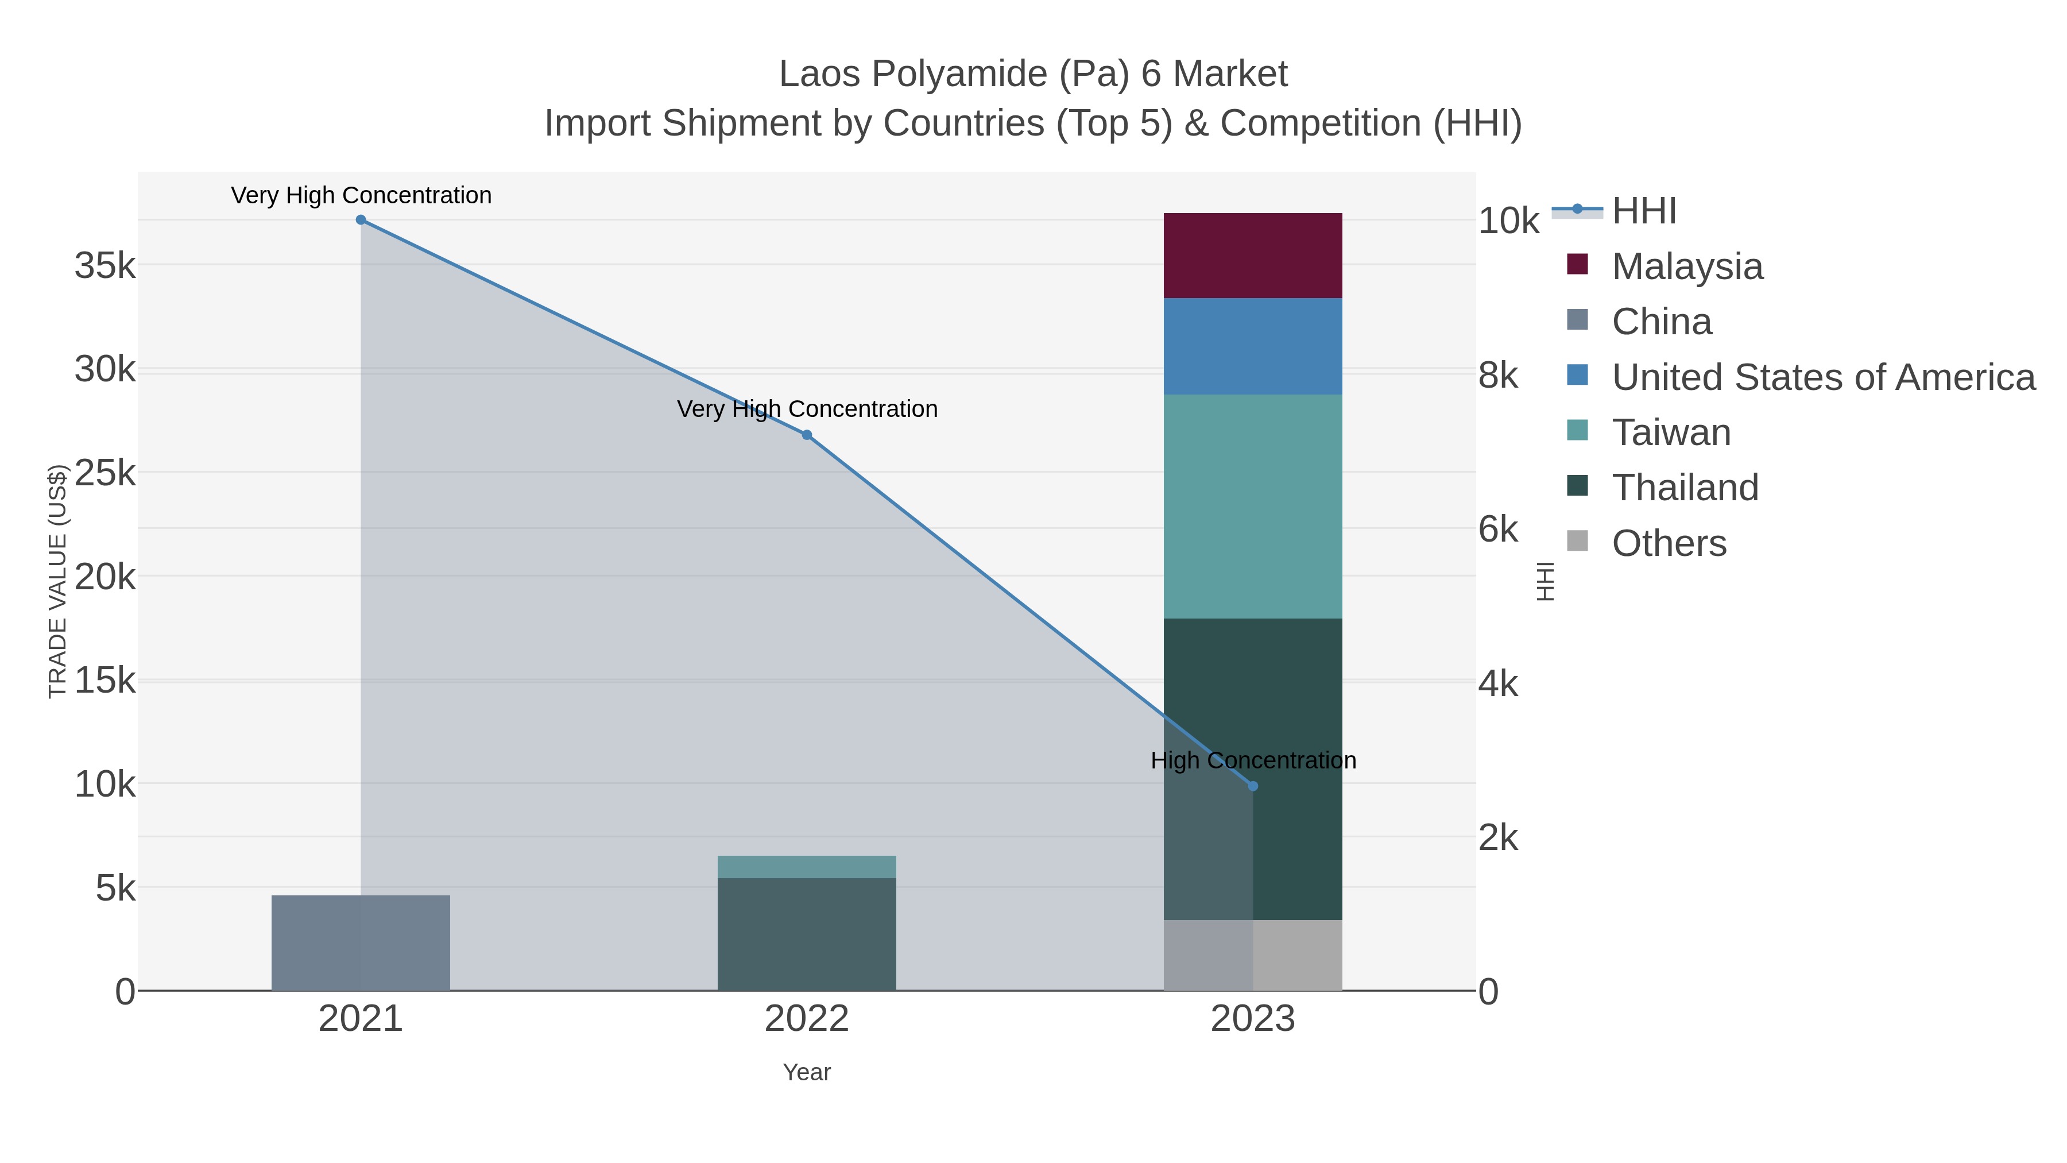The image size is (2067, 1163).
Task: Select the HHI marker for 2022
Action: [807, 435]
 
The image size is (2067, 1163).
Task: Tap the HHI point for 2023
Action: [1253, 787]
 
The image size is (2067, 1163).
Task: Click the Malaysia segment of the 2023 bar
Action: [1253, 255]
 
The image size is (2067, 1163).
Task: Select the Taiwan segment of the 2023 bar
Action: [1253, 505]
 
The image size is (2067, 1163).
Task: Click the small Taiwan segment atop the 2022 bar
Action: [807, 867]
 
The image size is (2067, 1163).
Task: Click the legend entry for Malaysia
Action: [1687, 266]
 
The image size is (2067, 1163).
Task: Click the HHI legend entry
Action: [1643, 211]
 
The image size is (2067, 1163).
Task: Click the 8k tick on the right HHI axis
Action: [1498, 376]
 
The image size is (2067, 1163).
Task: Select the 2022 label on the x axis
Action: [807, 1019]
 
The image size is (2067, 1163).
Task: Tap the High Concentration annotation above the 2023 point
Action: [1253, 760]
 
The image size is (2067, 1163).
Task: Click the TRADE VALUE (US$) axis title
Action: [58, 581]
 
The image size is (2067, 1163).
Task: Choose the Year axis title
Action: [807, 1072]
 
